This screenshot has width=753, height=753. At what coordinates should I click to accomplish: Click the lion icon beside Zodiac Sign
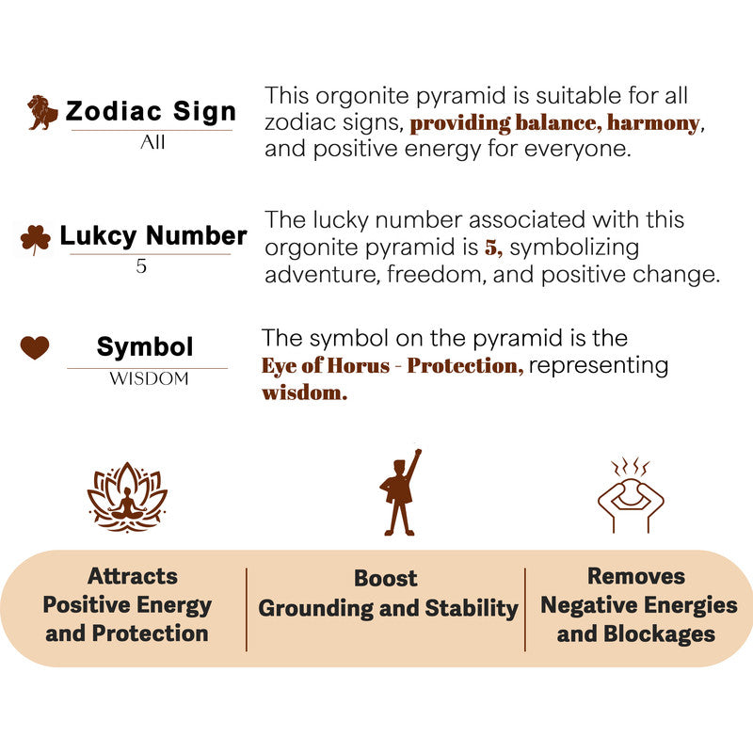point(42,112)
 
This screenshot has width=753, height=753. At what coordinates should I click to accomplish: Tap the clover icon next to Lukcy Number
point(36,239)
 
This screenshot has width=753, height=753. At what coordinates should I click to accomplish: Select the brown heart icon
point(35,347)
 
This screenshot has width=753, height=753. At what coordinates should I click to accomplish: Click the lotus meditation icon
point(127,497)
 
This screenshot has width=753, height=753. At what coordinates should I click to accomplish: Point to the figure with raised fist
point(401,492)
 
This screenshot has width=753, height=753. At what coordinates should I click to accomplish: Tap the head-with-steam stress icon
point(631,495)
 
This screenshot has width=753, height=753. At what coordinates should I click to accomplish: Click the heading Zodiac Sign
point(151,111)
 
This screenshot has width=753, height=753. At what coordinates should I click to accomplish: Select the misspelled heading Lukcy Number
point(153,236)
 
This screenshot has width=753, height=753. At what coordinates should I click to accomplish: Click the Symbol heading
point(145,346)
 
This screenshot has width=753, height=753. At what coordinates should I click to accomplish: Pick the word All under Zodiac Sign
point(152,142)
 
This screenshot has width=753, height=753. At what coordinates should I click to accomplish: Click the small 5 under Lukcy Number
point(141,265)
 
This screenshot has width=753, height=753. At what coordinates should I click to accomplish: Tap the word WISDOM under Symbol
point(149,378)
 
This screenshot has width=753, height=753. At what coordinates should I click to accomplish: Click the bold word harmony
point(653,123)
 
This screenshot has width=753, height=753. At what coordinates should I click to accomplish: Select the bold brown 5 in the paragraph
point(491,248)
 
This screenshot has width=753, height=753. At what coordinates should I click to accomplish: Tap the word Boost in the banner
point(386,578)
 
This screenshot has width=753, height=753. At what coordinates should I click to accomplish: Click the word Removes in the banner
point(636,576)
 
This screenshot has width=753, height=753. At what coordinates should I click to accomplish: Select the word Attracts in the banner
point(133,576)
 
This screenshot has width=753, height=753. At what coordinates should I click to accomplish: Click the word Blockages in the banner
point(660,633)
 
